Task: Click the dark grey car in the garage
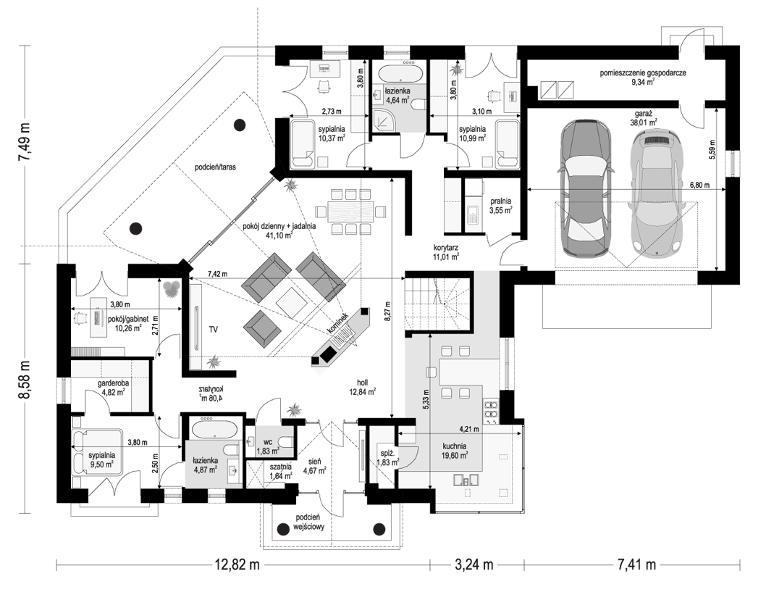pos(586,188)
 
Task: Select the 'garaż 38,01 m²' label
pos(644,118)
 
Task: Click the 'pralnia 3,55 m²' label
pos(502,205)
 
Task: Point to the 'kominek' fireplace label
pos(338,324)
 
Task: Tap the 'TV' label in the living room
pos(213,330)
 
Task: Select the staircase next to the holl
pos(437,303)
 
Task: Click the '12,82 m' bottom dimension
pos(237,565)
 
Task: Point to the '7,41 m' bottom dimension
pos(634,565)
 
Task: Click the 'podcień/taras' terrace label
pos(215,167)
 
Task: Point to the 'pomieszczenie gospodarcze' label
pos(644,73)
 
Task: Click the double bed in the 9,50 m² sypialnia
pos(97,452)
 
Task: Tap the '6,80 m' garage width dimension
pos(699,185)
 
